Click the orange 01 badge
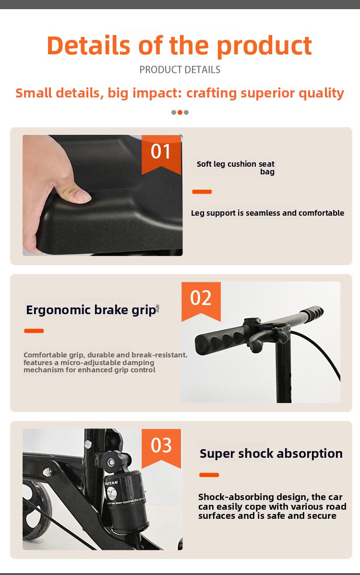161,153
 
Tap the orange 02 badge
201,300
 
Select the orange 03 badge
161,447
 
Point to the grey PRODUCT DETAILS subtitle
180,70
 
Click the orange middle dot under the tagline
180,112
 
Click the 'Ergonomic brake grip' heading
91,310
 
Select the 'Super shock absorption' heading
271,453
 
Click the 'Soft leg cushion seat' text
235,164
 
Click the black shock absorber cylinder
128,499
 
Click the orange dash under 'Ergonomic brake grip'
34,331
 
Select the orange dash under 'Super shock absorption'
209,475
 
